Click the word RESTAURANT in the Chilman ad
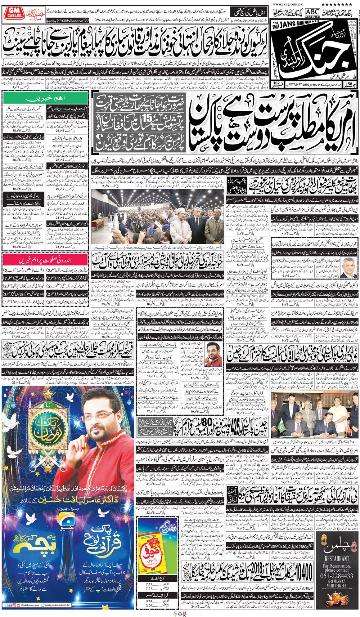(x=337, y=559)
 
